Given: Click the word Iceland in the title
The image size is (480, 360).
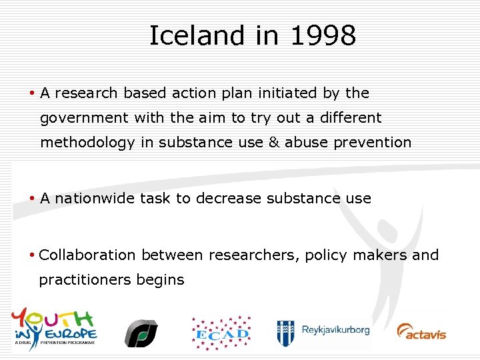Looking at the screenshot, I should pyautogui.click(x=187, y=36).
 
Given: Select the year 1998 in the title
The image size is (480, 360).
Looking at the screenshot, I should pyautogui.click(x=323, y=36).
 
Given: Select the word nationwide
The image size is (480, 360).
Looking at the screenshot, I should pyautogui.click(x=95, y=198).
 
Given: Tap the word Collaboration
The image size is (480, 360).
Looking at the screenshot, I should pyautogui.click(x=87, y=255).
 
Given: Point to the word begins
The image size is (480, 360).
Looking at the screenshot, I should pyautogui.click(x=160, y=280).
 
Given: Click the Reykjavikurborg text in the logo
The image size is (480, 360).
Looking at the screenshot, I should pyautogui.click(x=335, y=330).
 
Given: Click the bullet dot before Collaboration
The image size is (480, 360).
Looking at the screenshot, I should pyautogui.click(x=33, y=255).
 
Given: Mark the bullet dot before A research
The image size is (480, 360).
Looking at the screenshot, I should pyautogui.click(x=33, y=93).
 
